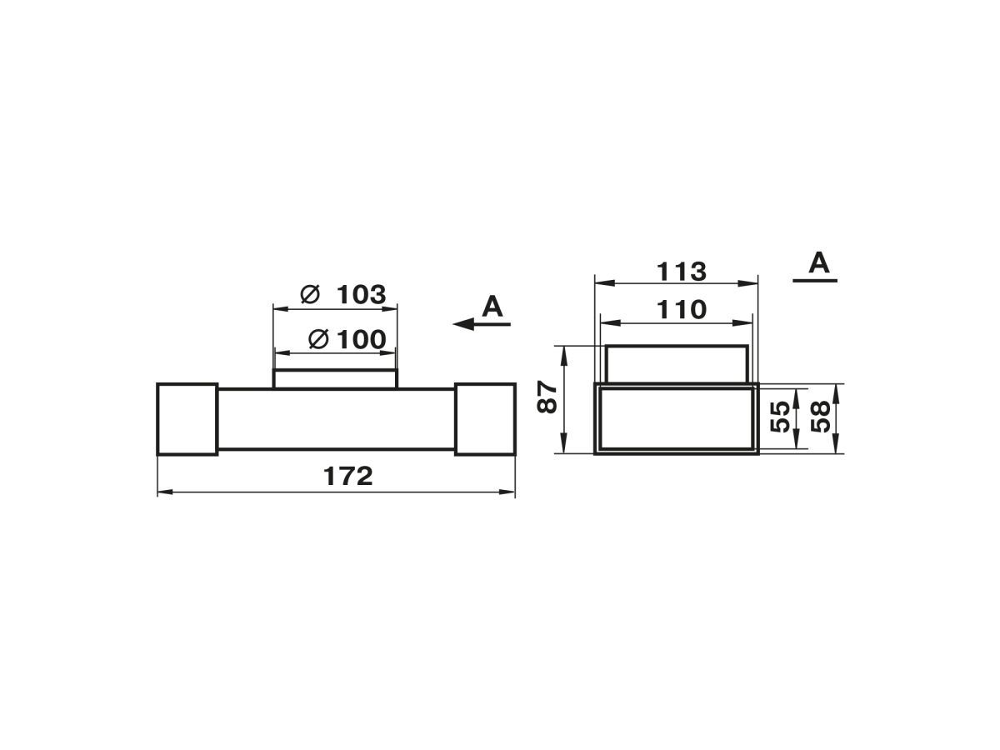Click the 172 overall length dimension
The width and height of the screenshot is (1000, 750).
click(x=347, y=477)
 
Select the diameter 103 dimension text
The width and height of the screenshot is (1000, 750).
click(x=343, y=294)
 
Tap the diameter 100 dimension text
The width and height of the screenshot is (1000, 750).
click(x=347, y=339)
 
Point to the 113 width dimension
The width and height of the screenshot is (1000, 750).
click(x=681, y=272)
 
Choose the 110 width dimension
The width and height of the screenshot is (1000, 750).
click(x=681, y=310)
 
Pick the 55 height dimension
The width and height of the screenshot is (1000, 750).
click(x=779, y=417)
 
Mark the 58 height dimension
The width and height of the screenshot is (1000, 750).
click(x=821, y=417)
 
